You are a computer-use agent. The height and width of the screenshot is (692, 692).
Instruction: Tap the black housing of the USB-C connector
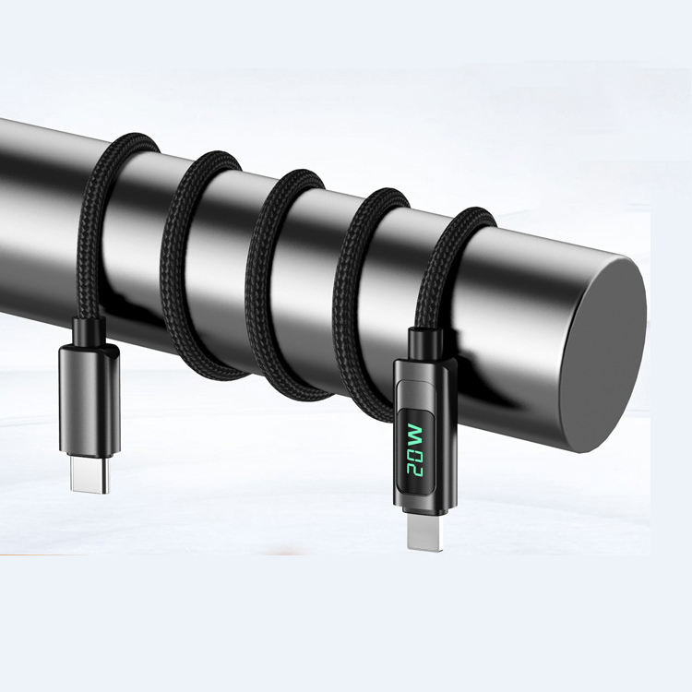coord(89,400)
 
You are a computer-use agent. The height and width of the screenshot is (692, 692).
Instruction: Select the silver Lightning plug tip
coord(424,533)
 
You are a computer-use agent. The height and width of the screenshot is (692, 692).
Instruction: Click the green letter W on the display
coord(415,435)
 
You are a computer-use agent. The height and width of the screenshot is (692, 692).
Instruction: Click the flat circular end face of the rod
coord(602,355)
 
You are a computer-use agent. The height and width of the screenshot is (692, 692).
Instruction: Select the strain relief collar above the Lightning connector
coord(425,344)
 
